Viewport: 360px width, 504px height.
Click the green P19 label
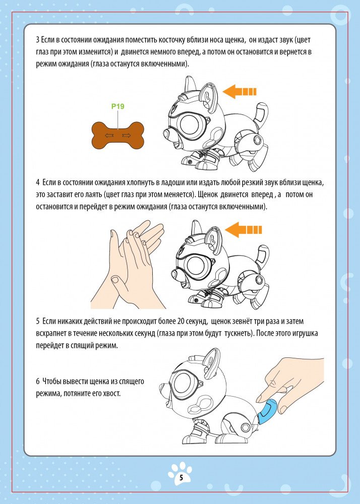coord(117,106)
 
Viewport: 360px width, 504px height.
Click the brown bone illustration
coord(117,136)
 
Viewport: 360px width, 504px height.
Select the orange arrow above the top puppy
coord(239,92)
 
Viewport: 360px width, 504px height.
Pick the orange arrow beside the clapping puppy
coord(243,230)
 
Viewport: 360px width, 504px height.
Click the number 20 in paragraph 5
coord(179,322)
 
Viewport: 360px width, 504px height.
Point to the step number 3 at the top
coord(38,40)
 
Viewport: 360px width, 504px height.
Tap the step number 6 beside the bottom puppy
coord(38,382)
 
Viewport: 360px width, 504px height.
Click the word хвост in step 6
coord(113,394)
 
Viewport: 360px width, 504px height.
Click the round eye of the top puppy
coord(192,124)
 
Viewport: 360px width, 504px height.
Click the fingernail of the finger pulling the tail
coord(260,399)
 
